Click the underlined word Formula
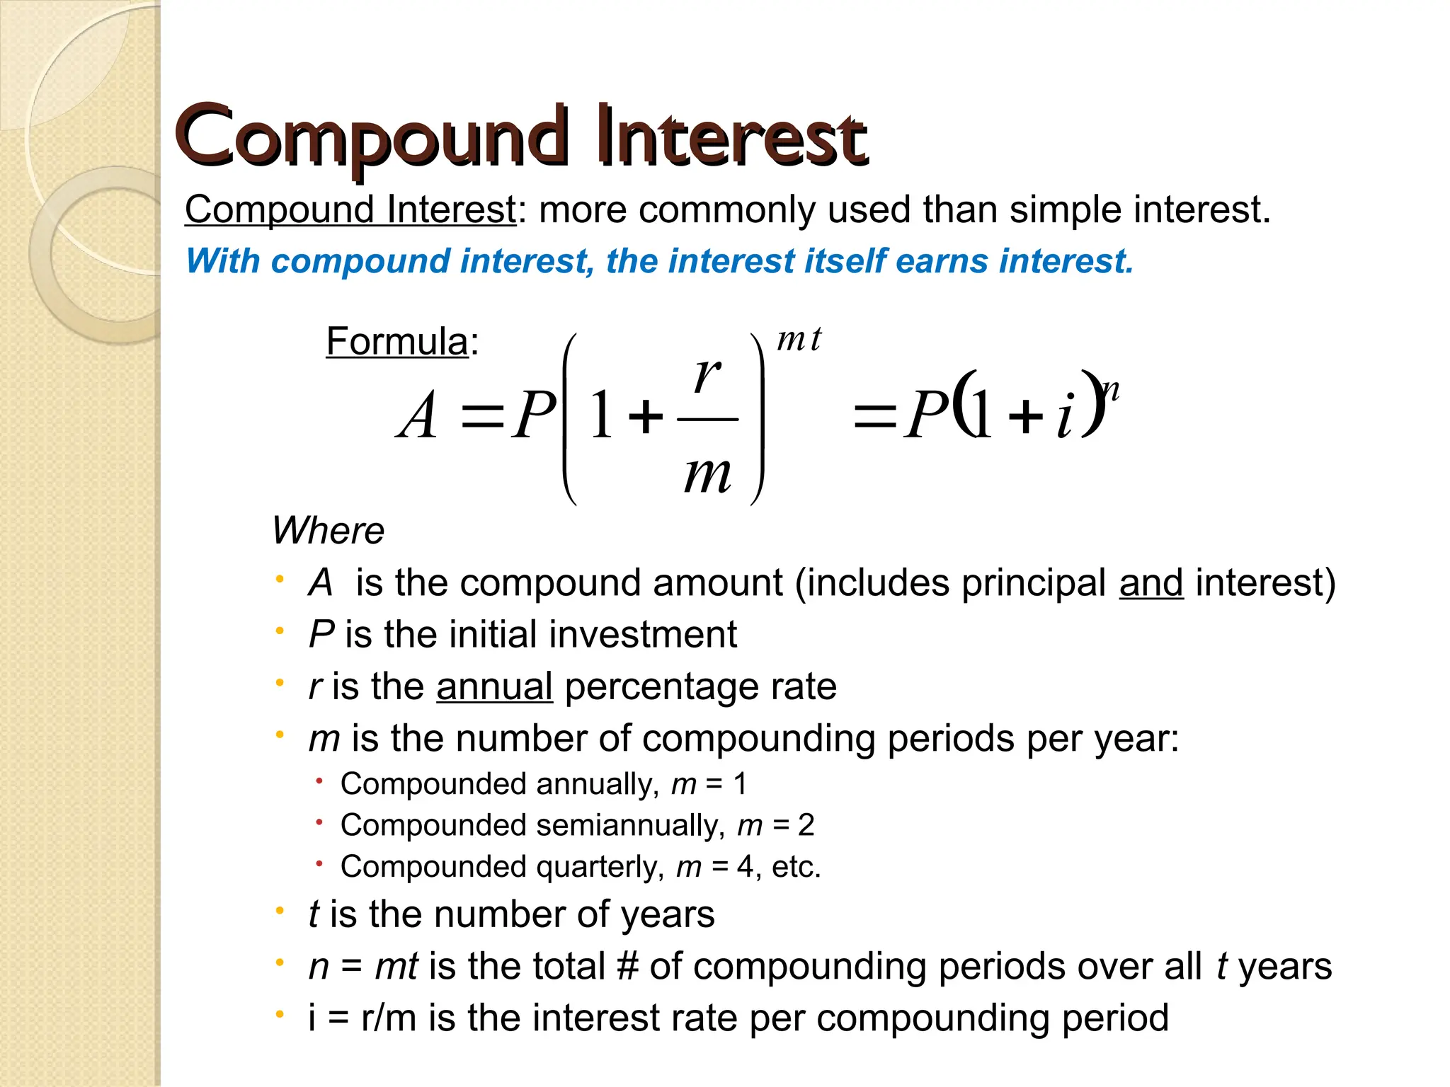(x=396, y=342)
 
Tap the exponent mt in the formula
(x=799, y=339)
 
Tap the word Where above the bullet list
(x=328, y=531)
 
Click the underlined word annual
(x=494, y=686)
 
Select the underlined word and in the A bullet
(x=1151, y=583)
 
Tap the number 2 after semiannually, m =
(x=806, y=825)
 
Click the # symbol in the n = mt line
(x=627, y=967)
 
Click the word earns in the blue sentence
(x=941, y=261)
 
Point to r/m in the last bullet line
(x=388, y=1018)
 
